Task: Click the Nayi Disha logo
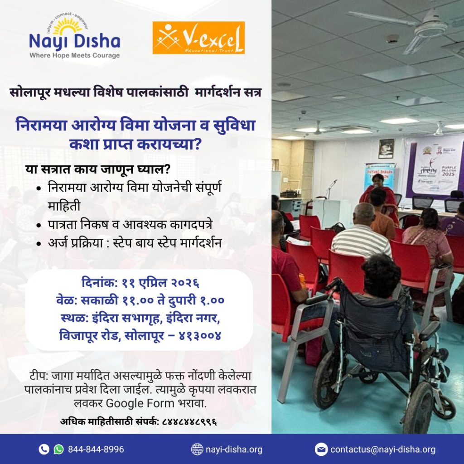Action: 75,35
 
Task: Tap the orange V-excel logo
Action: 198,38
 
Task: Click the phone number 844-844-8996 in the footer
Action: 96,449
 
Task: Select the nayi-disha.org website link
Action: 234,449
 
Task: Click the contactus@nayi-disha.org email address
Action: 383,449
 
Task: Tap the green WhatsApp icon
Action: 58,449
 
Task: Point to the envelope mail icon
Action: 321,449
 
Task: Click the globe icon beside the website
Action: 197,449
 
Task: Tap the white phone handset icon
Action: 44,449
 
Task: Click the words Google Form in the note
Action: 140,403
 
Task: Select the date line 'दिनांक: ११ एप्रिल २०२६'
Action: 140,283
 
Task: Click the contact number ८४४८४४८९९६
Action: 190,421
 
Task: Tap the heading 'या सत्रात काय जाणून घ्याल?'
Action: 98,169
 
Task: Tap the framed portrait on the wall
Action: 386,149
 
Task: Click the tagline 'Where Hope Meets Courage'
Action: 75,55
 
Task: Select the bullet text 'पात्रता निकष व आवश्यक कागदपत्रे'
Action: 130,225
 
